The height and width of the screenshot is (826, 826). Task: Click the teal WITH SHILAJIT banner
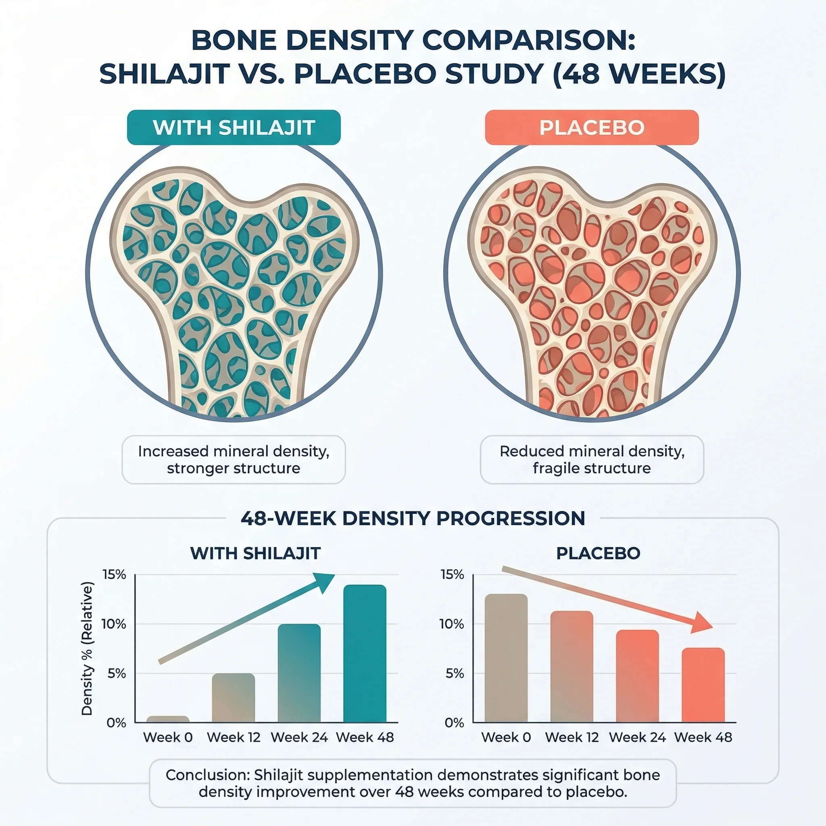click(x=234, y=127)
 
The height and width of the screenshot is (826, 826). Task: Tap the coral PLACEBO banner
click(x=592, y=127)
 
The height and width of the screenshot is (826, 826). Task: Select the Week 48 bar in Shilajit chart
click(x=365, y=654)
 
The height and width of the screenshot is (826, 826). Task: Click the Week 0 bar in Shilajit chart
click(x=168, y=719)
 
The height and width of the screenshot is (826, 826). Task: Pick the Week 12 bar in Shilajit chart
click(x=234, y=698)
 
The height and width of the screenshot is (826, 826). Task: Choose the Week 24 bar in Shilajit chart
click(x=299, y=674)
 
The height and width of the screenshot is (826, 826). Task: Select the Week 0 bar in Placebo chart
click(x=506, y=658)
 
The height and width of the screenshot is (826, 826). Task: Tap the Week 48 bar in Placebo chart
click(x=703, y=685)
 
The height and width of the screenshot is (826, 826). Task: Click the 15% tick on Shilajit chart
click(x=114, y=575)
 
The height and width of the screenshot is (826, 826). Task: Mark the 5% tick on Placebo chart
click(x=454, y=674)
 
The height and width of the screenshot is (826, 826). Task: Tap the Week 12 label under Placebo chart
click(x=572, y=737)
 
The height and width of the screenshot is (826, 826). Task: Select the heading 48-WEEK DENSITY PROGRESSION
click(x=413, y=518)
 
